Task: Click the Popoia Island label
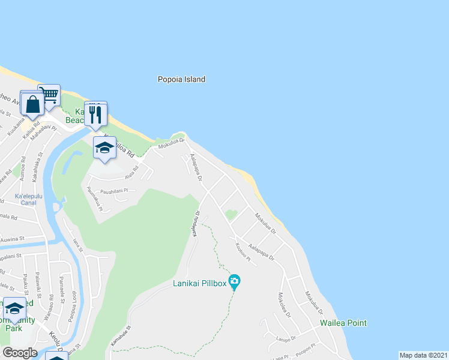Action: tap(181, 79)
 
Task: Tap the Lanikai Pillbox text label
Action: tap(199, 283)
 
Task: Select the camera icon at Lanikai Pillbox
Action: tap(234, 281)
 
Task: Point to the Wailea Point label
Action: tap(343, 323)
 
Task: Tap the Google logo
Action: tap(19, 353)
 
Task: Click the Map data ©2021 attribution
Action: tap(423, 355)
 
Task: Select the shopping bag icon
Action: tap(32, 104)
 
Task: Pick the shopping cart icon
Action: tap(49, 95)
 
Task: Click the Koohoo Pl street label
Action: tap(242, 248)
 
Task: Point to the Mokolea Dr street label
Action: tap(282, 306)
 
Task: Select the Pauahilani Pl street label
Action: tap(115, 191)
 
